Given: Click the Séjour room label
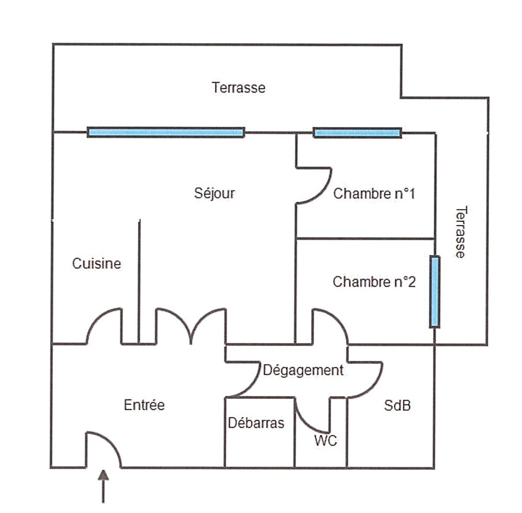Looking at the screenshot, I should point(214,193).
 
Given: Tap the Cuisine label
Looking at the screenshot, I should point(97,264).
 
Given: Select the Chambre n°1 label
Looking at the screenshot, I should point(374,194).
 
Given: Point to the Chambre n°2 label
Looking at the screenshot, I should point(374,282).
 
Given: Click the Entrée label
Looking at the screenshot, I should point(144,405).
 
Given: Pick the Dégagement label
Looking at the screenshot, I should point(303,370).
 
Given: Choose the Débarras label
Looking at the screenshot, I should point(256,423).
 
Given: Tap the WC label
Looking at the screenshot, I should point(325,441).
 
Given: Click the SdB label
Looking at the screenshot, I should point(397,406).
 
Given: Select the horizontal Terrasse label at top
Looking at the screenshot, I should point(238,87).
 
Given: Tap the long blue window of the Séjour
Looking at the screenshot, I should point(166,132).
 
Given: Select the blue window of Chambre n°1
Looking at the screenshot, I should point(357,132).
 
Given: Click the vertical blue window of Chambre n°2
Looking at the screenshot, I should point(434,291).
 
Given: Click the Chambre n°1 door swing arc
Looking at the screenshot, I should point(321,193).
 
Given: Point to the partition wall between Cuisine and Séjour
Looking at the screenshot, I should point(139,281).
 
